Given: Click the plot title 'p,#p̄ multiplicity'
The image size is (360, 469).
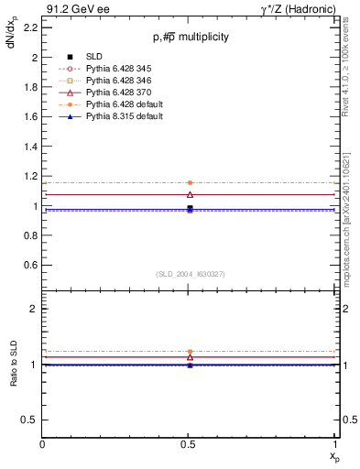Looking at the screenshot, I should point(191,37).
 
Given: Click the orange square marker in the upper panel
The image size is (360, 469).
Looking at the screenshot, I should point(190,183).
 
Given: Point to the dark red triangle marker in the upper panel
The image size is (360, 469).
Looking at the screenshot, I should point(190,194).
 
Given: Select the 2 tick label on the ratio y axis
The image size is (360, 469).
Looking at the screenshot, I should point(34,309).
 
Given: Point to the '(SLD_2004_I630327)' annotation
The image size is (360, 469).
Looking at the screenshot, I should point(191,273).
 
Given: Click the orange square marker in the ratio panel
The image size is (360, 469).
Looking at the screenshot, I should point(190,352).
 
